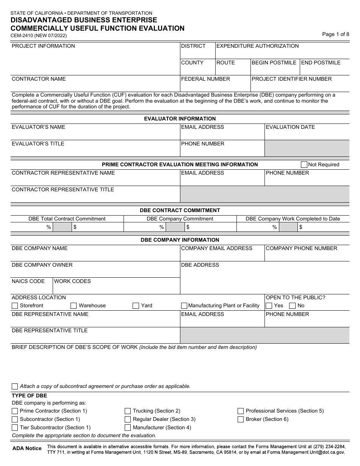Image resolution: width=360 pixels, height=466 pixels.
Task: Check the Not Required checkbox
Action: click(304, 164)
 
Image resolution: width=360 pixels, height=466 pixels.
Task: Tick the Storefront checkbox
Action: click(15, 306)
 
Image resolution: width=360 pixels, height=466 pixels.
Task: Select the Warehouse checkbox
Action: click(74, 306)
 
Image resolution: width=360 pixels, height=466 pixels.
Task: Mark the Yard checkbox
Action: click(136, 306)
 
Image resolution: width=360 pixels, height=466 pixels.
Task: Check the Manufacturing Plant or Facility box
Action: click(184, 306)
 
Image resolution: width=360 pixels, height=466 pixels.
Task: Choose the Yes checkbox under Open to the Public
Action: click(269, 306)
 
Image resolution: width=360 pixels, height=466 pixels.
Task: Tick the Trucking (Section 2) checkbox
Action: click(128, 411)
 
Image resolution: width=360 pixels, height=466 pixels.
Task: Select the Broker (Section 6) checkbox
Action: click(241, 419)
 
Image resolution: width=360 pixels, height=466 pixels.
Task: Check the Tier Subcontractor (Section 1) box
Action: click(15, 428)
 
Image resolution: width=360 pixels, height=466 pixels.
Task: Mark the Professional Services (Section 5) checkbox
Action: click(241, 411)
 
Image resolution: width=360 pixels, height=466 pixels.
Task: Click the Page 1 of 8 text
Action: click(335, 34)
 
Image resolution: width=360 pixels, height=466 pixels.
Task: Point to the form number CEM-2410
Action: click(23, 36)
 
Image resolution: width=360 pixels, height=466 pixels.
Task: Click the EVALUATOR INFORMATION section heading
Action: click(180, 119)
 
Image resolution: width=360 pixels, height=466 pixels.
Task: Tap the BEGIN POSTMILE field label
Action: click(274, 63)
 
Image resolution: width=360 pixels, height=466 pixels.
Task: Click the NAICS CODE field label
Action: click(28, 281)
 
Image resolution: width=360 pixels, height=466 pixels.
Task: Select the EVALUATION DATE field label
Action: click(290, 127)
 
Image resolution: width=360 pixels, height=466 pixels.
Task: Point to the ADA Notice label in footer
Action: click(27, 448)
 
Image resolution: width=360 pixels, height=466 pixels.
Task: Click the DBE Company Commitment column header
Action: click(180, 219)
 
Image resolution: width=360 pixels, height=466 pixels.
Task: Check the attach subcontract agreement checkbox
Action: click(15, 386)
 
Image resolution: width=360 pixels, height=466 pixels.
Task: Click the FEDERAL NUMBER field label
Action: click(205, 79)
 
